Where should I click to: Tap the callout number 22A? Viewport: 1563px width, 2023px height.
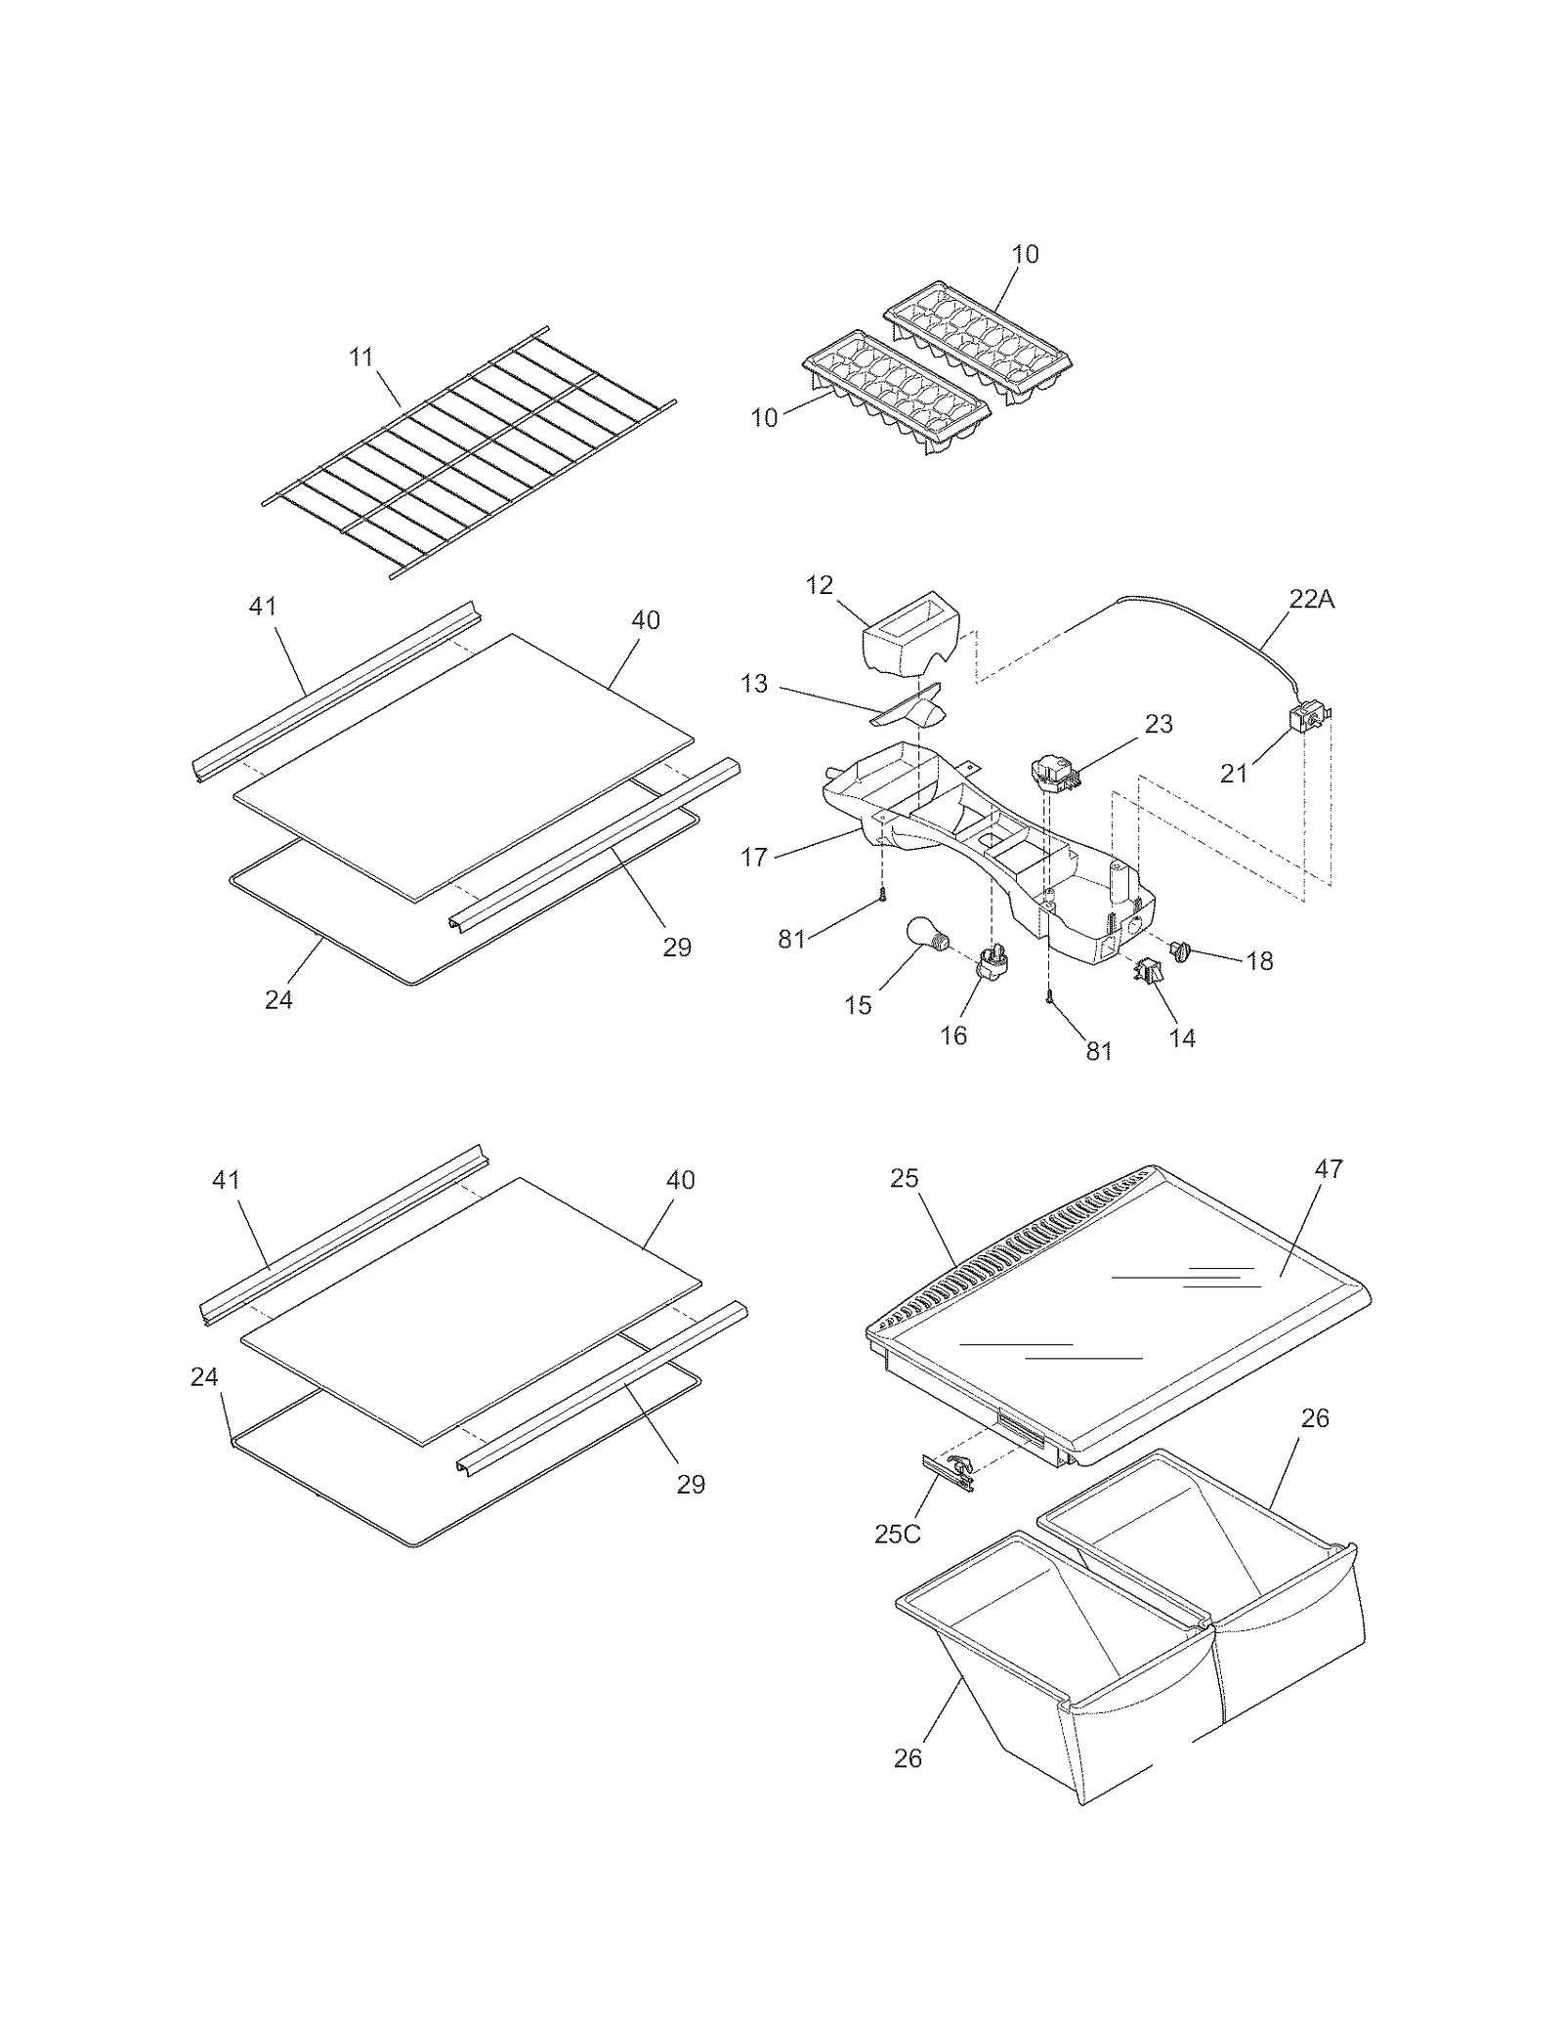tap(1311, 600)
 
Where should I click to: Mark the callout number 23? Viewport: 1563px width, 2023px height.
tap(1159, 724)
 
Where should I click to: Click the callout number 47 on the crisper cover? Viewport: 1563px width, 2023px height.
tap(1330, 1168)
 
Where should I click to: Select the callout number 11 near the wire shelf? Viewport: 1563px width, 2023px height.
tap(362, 358)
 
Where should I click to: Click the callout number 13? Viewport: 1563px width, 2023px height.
tap(754, 684)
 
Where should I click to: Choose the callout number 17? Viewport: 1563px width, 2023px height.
tap(754, 857)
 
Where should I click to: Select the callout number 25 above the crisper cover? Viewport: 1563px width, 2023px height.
tap(905, 1178)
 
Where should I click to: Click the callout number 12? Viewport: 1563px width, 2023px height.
tap(819, 585)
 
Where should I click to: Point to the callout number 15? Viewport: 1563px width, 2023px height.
tap(858, 1005)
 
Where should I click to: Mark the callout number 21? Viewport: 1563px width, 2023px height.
tap(1234, 774)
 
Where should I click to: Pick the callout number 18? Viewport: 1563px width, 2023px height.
tap(1260, 961)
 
